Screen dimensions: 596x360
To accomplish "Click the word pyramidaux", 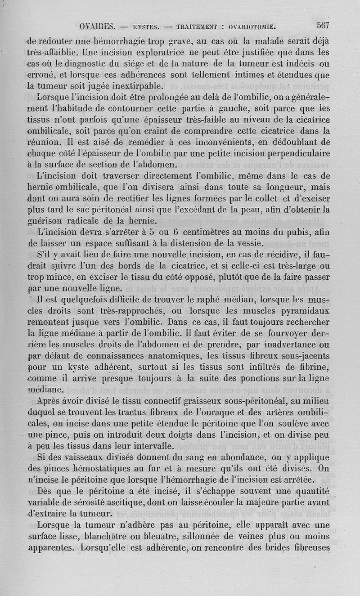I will (x=306, y=311).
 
